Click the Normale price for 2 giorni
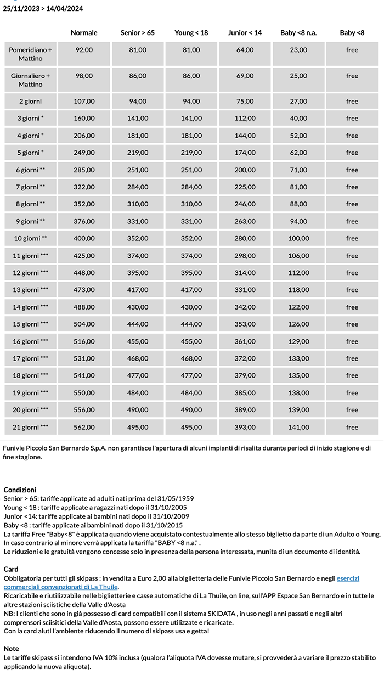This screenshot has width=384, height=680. point(84,102)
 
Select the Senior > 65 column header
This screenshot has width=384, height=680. point(138,33)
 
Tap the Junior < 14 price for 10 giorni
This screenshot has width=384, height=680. point(245,239)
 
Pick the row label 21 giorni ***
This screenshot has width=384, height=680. point(30,428)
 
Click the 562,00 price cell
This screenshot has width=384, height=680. point(84,428)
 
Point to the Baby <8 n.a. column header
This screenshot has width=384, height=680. point(298,33)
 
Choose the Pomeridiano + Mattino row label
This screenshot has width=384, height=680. point(30,54)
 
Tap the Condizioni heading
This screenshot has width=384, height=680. point(20,490)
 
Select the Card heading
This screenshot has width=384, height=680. point(11,570)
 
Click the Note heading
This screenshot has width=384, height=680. point(11,649)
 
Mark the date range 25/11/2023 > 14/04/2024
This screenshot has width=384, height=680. point(43,9)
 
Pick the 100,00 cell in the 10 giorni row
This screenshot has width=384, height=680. point(298,239)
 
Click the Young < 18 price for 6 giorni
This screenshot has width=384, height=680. point(191,170)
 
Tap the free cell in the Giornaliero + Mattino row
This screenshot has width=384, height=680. point(352,76)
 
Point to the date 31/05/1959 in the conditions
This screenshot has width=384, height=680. point(176,499)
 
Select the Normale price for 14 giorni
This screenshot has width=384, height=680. point(84,307)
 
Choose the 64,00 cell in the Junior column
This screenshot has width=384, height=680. point(245,50)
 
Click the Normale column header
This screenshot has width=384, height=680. point(84,33)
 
